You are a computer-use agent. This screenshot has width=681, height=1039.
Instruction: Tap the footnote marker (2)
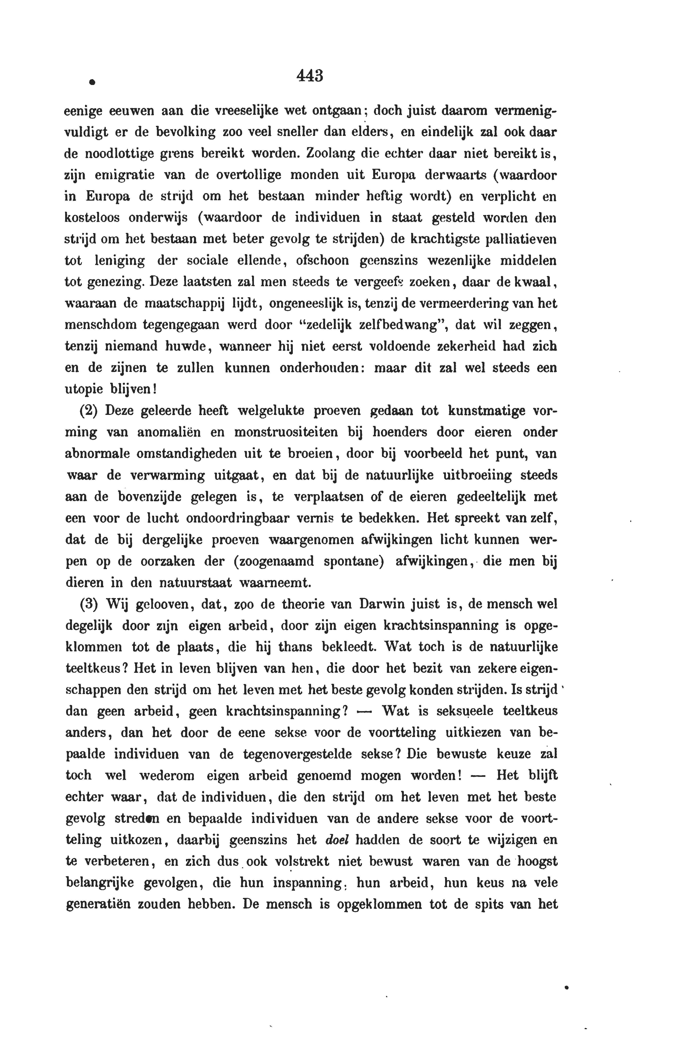89,411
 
